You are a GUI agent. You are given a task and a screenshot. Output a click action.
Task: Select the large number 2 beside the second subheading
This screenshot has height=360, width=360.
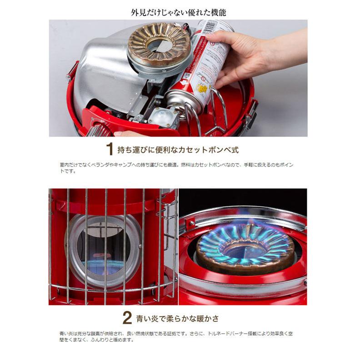(128, 318)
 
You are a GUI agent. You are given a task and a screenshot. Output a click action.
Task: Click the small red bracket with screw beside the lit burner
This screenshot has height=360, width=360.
(190, 223)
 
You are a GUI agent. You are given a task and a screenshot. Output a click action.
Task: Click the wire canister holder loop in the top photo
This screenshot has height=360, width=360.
(216, 109)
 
